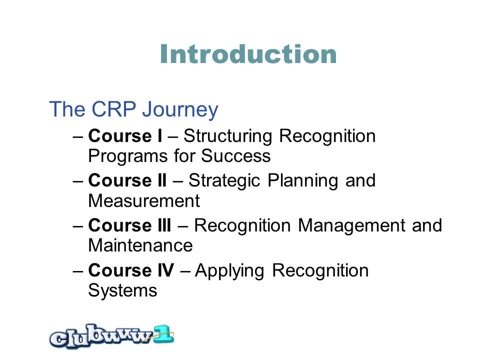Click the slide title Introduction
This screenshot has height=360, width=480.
click(248, 54)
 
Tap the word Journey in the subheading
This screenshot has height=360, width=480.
click(180, 110)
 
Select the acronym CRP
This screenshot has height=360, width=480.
click(114, 109)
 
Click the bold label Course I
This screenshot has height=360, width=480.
click(125, 136)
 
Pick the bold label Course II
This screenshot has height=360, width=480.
click(127, 180)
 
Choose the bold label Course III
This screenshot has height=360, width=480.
click(130, 225)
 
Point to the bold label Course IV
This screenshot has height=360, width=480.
click(131, 270)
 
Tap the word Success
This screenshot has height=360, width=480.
click(235, 156)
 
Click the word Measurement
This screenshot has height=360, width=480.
click(144, 201)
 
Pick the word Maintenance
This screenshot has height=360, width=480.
click(140, 246)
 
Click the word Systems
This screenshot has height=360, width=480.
click(123, 291)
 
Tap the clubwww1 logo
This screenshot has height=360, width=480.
click(111, 336)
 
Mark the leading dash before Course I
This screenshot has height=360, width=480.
click(78, 137)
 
